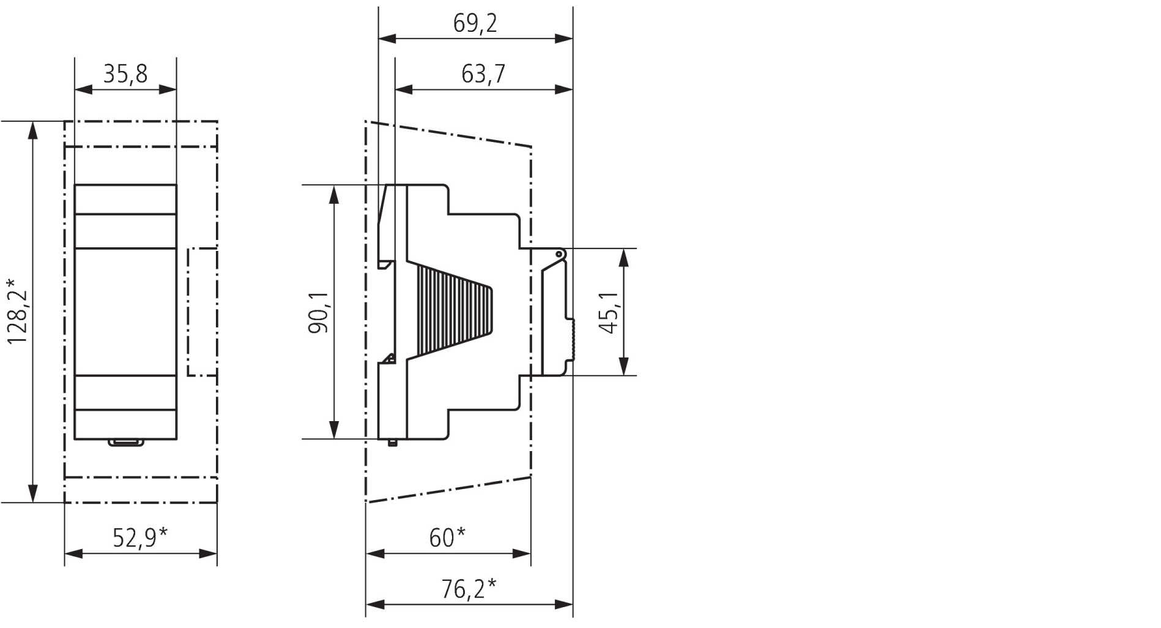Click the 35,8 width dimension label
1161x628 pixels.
point(125,74)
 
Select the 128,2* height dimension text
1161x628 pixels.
point(17,312)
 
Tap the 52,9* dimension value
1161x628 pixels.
point(140,537)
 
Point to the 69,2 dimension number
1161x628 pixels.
point(475,23)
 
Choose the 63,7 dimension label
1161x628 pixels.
point(483,74)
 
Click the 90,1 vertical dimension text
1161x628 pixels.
point(319,312)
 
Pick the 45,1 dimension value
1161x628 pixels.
point(609,312)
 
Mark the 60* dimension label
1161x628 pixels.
point(447,537)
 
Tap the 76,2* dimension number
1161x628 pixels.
point(469,589)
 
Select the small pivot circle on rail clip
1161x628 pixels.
point(559,253)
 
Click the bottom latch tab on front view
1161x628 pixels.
point(125,442)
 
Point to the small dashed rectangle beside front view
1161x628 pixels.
point(202,312)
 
